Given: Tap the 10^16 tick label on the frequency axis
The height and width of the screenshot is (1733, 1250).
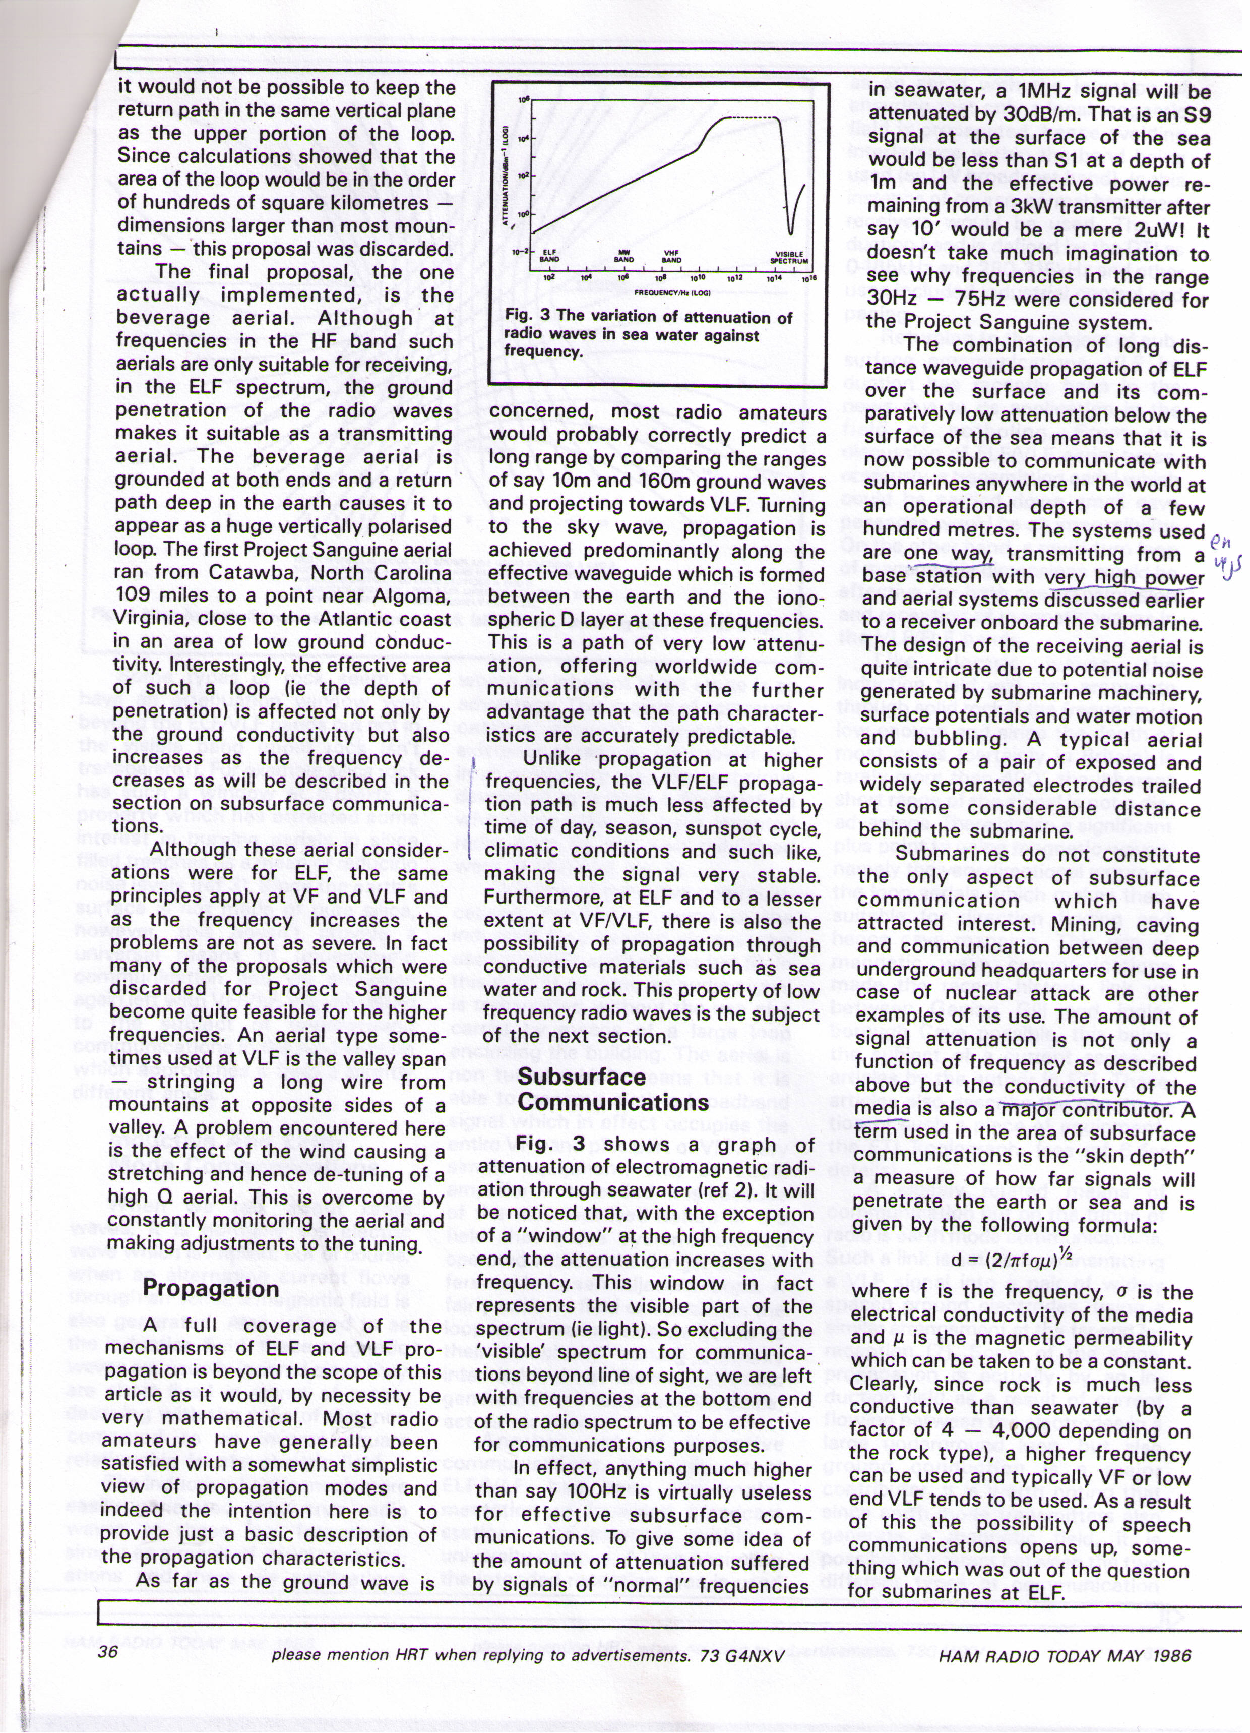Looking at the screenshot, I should tap(810, 278).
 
